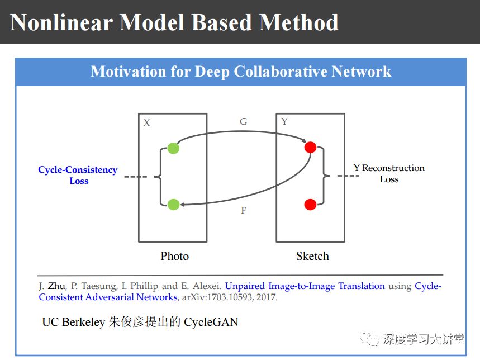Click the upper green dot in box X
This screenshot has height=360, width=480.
173,148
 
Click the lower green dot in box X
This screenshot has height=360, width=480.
173,205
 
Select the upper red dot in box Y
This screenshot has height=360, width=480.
310,148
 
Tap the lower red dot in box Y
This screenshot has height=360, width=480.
310,205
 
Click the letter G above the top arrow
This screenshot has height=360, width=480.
243,121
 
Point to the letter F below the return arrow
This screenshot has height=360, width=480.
243,211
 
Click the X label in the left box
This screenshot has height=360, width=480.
146,122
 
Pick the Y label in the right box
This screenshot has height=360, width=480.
284,121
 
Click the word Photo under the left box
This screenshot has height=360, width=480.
175,256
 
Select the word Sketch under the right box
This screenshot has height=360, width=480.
312,256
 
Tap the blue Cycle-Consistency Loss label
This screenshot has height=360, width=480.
78,175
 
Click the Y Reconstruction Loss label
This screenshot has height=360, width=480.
389,173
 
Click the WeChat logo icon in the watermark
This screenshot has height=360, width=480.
369,338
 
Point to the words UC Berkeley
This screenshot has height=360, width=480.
73,323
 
